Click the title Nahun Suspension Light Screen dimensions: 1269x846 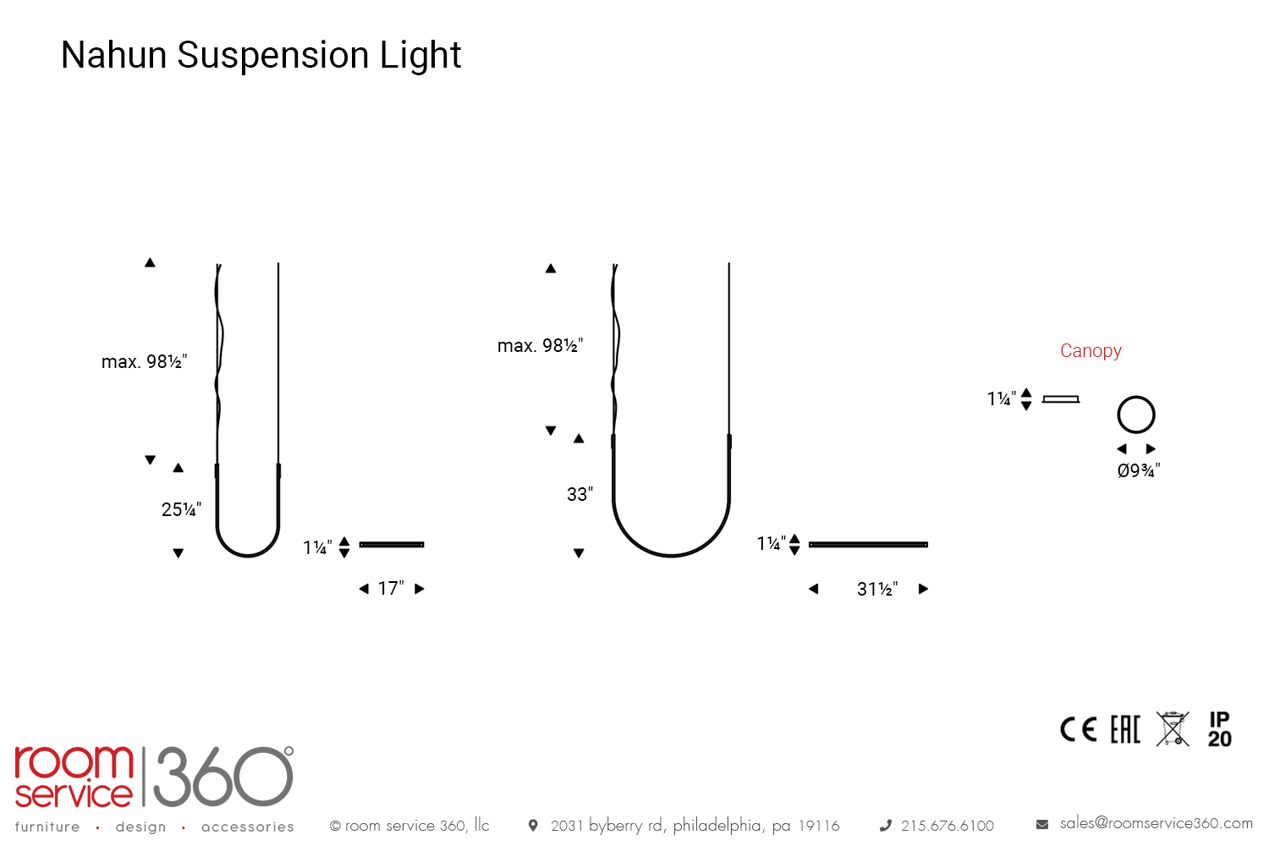261,55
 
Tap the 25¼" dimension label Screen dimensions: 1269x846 181,508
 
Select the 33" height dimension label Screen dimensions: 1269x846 580,493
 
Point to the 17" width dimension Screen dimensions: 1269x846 391,588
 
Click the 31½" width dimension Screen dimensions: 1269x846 877,589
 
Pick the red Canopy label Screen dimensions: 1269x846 1090,351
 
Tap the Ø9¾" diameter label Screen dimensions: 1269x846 1139,470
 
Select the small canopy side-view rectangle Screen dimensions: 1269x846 1061,399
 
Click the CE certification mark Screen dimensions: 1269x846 1078,729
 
